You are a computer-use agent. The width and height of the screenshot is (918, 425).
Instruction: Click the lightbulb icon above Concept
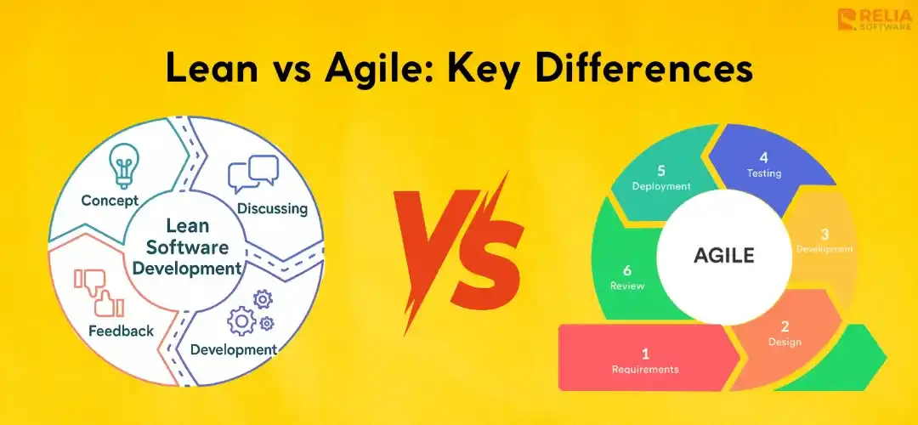125,165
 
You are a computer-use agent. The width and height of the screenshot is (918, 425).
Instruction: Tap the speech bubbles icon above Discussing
253,174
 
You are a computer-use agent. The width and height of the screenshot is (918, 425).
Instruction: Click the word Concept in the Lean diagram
111,201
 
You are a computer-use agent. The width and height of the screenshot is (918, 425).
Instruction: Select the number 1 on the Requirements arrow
645,353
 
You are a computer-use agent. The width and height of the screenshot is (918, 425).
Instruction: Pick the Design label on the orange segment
785,342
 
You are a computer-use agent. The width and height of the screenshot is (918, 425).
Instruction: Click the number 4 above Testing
763,157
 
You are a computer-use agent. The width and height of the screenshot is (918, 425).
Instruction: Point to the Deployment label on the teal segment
661,186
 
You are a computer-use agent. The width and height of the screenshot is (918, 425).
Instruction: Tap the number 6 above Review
627,270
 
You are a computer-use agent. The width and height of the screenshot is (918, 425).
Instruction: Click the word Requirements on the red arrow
645,369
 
